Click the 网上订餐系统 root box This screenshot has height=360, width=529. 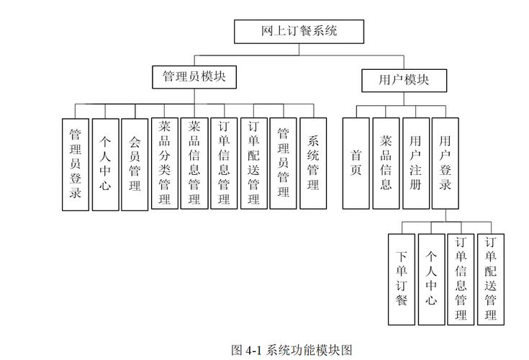click(x=299, y=32)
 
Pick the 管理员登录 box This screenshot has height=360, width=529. click(x=76, y=164)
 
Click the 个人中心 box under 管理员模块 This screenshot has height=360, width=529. click(x=105, y=164)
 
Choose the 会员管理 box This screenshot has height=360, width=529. click(x=135, y=164)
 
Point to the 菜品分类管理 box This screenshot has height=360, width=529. click(x=165, y=164)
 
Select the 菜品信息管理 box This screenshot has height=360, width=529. click(x=194, y=164)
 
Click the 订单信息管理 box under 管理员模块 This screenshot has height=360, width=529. click(x=224, y=164)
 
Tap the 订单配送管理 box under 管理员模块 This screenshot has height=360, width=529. click(x=253, y=164)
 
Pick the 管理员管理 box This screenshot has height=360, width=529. click(x=283, y=164)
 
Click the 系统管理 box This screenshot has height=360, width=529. click(x=313, y=164)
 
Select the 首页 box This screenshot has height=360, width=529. click(x=356, y=164)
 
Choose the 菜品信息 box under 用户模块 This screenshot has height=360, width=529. click(x=386, y=164)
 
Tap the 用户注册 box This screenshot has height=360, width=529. click(x=415, y=164)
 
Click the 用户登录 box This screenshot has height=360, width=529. click(x=446, y=164)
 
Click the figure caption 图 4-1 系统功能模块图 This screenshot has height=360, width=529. click(x=291, y=350)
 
